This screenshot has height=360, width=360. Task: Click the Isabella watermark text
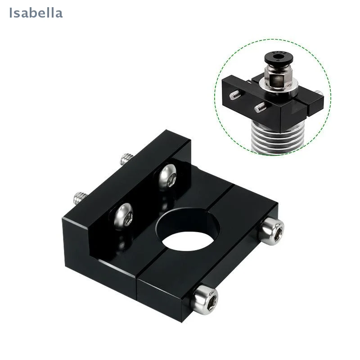coord(36,13)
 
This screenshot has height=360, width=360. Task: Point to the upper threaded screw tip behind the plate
coord(126,159)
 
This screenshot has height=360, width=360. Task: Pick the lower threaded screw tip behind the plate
coord(81,197)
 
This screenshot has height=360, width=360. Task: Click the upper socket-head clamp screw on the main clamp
coord(272,231)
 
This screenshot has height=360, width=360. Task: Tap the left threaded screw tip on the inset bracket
coord(235,95)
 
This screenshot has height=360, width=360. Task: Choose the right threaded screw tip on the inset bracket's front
coord(260,108)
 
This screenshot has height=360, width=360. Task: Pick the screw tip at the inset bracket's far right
coord(318,93)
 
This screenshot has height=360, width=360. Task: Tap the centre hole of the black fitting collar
coord(279,56)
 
